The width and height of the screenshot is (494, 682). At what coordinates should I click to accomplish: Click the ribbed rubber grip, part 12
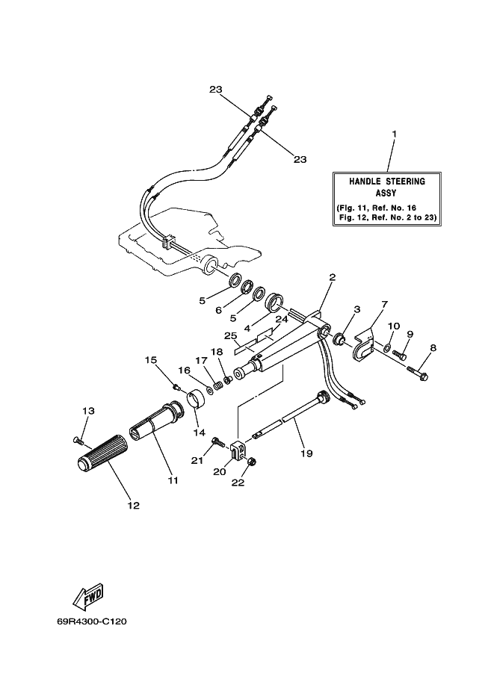[x=101, y=453]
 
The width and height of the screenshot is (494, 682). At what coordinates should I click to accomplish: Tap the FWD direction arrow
[x=88, y=596]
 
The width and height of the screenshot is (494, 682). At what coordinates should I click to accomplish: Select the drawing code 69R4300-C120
[x=91, y=621]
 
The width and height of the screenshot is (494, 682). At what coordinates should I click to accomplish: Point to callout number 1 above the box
[x=395, y=134]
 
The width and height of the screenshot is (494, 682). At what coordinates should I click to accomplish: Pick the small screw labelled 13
[x=78, y=441]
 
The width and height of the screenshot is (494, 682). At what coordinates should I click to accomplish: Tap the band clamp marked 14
[x=196, y=400]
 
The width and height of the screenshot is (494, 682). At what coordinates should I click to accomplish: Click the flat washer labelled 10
[x=387, y=347]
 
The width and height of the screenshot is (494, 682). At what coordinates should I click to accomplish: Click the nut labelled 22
[x=252, y=462]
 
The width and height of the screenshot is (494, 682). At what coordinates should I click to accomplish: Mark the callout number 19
[x=307, y=453]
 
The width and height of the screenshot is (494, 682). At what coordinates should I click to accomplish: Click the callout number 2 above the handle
[x=333, y=277]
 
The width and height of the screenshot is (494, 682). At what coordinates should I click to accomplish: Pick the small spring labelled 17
[x=218, y=384]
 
